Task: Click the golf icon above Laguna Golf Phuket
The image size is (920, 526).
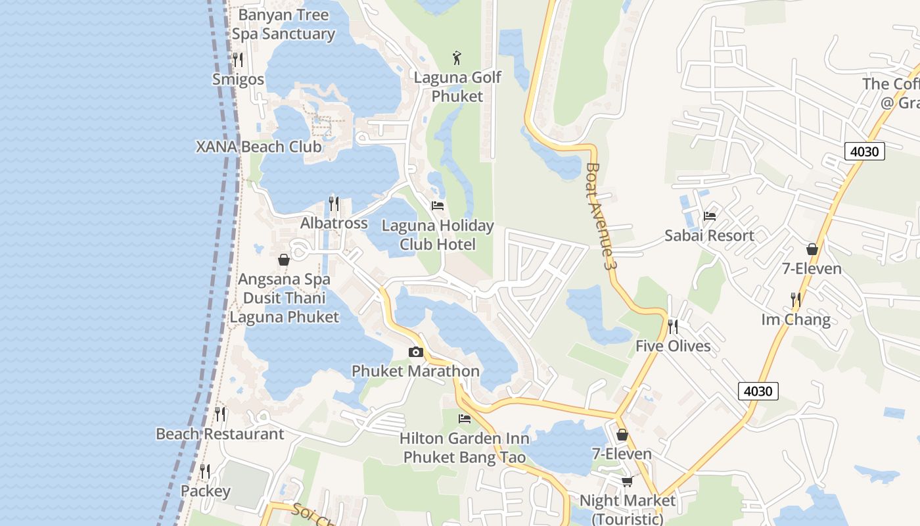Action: click(457, 57)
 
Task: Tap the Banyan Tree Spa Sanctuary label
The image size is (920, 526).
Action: click(283, 24)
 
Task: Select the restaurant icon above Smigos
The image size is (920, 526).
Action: click(238, 60)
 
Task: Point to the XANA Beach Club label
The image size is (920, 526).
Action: click(259, 147)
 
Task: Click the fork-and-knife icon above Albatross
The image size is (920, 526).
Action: click(334, 204)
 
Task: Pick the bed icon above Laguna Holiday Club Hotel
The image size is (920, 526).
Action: click(438, 206)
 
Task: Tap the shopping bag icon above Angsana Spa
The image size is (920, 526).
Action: click(284, 260)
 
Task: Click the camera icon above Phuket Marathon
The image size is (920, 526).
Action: click(415, 352)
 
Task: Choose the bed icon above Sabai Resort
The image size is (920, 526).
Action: click(709, 216)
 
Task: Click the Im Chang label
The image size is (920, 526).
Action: click(796, 320)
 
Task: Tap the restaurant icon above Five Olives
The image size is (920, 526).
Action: click(673, 327)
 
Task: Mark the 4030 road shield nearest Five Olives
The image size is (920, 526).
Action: click(758, 391)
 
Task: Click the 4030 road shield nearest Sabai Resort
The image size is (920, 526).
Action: click(864, 151)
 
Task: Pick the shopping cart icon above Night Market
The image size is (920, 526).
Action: click(628, 481)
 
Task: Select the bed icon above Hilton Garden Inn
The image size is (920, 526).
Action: click(465, 418)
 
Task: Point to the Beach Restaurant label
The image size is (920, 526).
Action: click(219, 434)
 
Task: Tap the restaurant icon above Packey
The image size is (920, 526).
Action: click(205, 471)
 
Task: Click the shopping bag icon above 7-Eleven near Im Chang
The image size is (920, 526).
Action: click(812, 249)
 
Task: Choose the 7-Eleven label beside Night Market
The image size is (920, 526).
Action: click(622, 454)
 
